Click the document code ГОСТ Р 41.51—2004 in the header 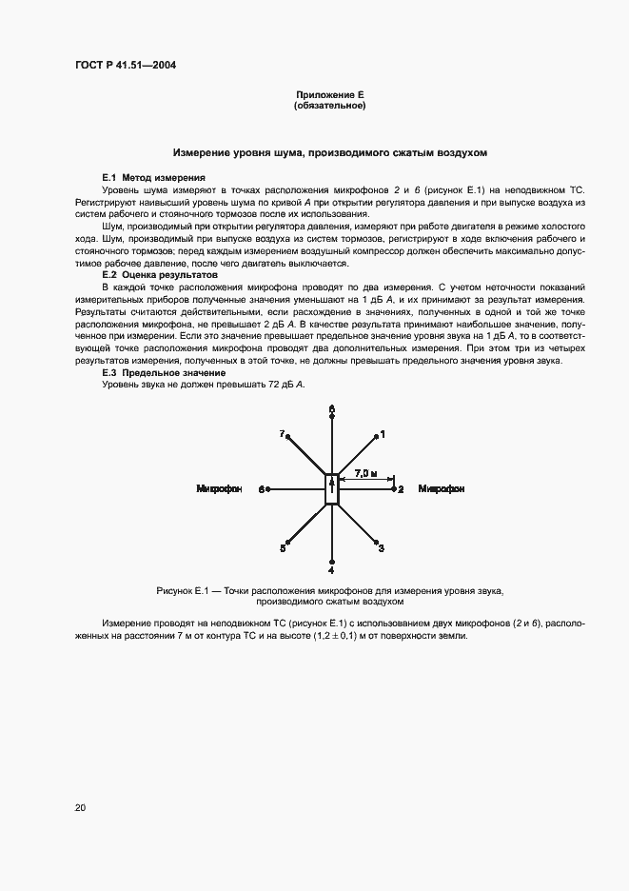(x=126, y=66)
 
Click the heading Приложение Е (x=330, y=95)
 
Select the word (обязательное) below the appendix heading (x=330, y=106)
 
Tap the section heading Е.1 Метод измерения (x=152, y=178)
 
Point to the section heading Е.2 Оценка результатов (x=160, y=274)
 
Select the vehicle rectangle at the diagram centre (x=332, y=488)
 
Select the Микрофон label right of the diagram (x=442, y=488)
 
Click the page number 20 (x=79, y=808)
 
